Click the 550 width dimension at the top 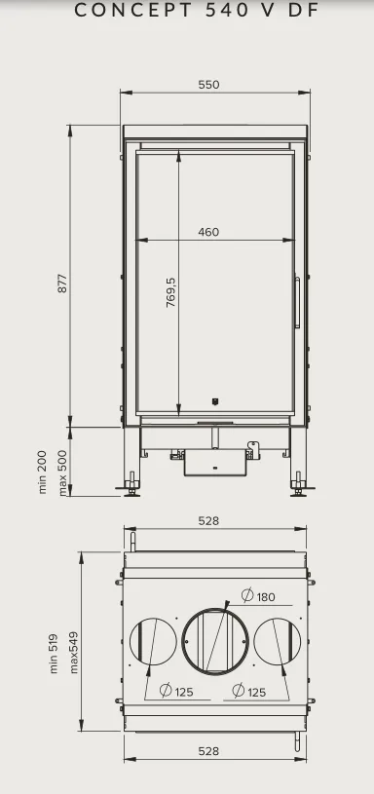pyautogui.click(x=209, y=85)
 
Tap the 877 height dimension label pyautogui.click(x=62, y=284)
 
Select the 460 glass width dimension pyautogui.click(x=208, y=232)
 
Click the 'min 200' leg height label pyautogui.click(x=43, y=472)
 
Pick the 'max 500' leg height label pyautogui.click(x=62, y=473)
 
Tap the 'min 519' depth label pyautogui.click(x=55, y=654)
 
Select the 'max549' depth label pyautogui.click(x=74, y=652)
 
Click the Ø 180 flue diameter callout pyautogui.click(x=258, y=596)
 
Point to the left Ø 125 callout pyautogui.click(x=176, y=691)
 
